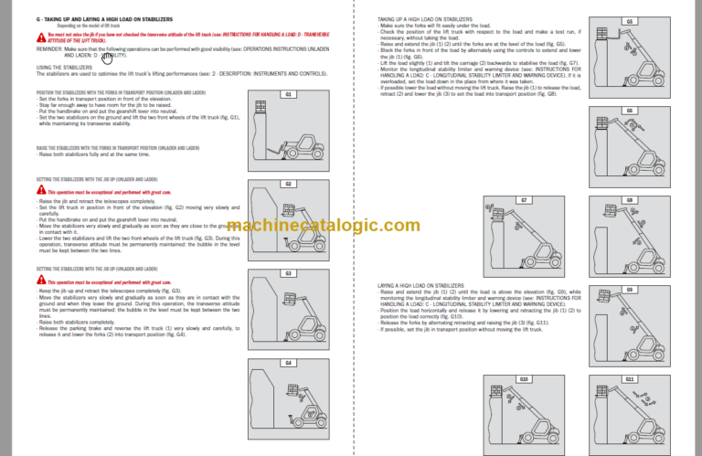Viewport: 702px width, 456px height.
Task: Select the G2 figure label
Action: pyautogui.click(x=287, y=184)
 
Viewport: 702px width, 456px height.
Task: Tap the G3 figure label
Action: pyautogui.click(x=287, y=273)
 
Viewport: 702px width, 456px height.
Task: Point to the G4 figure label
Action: pyautogui.click(x=287, y=363)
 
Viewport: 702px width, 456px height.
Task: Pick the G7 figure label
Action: pyautogui.click(x=525, y=199)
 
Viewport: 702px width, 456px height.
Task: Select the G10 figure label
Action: pyautogui.click(x=525, y=378)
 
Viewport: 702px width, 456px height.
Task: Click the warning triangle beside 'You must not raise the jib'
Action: pyautogui.click(x=40, y=36)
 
